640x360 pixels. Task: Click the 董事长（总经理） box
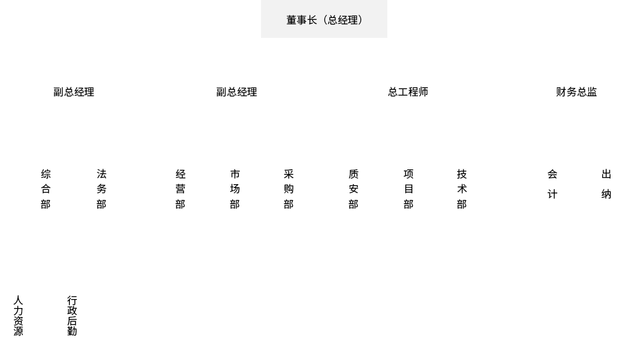point(324,19)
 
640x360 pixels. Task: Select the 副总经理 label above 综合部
point(74,92)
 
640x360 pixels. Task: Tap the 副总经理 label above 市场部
point(237,92)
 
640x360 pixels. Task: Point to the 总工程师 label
point(408,92)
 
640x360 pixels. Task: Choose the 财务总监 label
point(576,92)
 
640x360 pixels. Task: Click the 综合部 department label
point(46,189)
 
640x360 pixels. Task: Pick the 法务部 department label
point(101,189)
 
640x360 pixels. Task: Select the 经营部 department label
point(180,189)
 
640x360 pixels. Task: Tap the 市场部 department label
point(235,189)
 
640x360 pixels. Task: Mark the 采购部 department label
point(289,189)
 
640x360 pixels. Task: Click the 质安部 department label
point(353,189)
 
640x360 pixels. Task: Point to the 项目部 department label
point(408,189)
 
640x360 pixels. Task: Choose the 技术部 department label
point(462,189)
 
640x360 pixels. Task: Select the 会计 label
point(552,184)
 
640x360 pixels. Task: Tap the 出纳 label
point(606,184)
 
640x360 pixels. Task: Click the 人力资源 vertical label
point(18,316)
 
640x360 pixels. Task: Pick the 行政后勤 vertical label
point(72,316)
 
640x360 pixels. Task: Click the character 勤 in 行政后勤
point(72,331)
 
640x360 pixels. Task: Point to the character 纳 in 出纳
point(606,194)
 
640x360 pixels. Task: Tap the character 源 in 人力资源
point(18,331)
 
